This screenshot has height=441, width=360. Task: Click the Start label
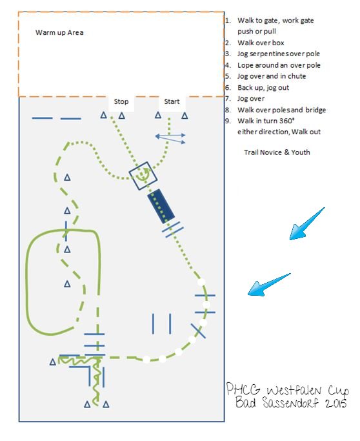[x=172, y=101]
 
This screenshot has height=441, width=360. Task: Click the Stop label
[x=121, y=101]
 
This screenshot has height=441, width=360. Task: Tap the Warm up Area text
[x=59, y=33]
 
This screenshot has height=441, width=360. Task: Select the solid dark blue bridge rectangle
[x=161, y=206]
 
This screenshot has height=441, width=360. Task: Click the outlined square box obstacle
[x=143, y=176]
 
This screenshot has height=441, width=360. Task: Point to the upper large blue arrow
[x=307, y=224]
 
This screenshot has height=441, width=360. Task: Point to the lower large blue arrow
[x=269, y=284]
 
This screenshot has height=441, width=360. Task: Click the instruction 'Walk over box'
[x=261, y=43]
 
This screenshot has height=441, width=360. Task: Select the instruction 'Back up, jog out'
[x=263, y=88]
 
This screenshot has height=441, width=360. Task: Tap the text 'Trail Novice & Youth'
[x=277, y=152]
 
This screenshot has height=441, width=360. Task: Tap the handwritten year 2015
[x=336, y=404]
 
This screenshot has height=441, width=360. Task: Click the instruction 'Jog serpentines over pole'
[x=279, y=54]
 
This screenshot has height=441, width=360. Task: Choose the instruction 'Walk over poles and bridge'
[x=281, y=110]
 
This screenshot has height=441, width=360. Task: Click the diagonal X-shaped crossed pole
[x=199, y=331]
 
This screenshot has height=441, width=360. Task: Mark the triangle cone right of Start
[x=185, y=116]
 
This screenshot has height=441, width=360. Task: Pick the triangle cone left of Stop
[x=104, y=115]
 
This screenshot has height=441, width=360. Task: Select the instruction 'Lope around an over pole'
[x=279, y=65]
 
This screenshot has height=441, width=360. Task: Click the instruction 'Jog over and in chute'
[x=272, y=76]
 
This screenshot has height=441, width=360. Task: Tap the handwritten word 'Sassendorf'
[x=291, y=403]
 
